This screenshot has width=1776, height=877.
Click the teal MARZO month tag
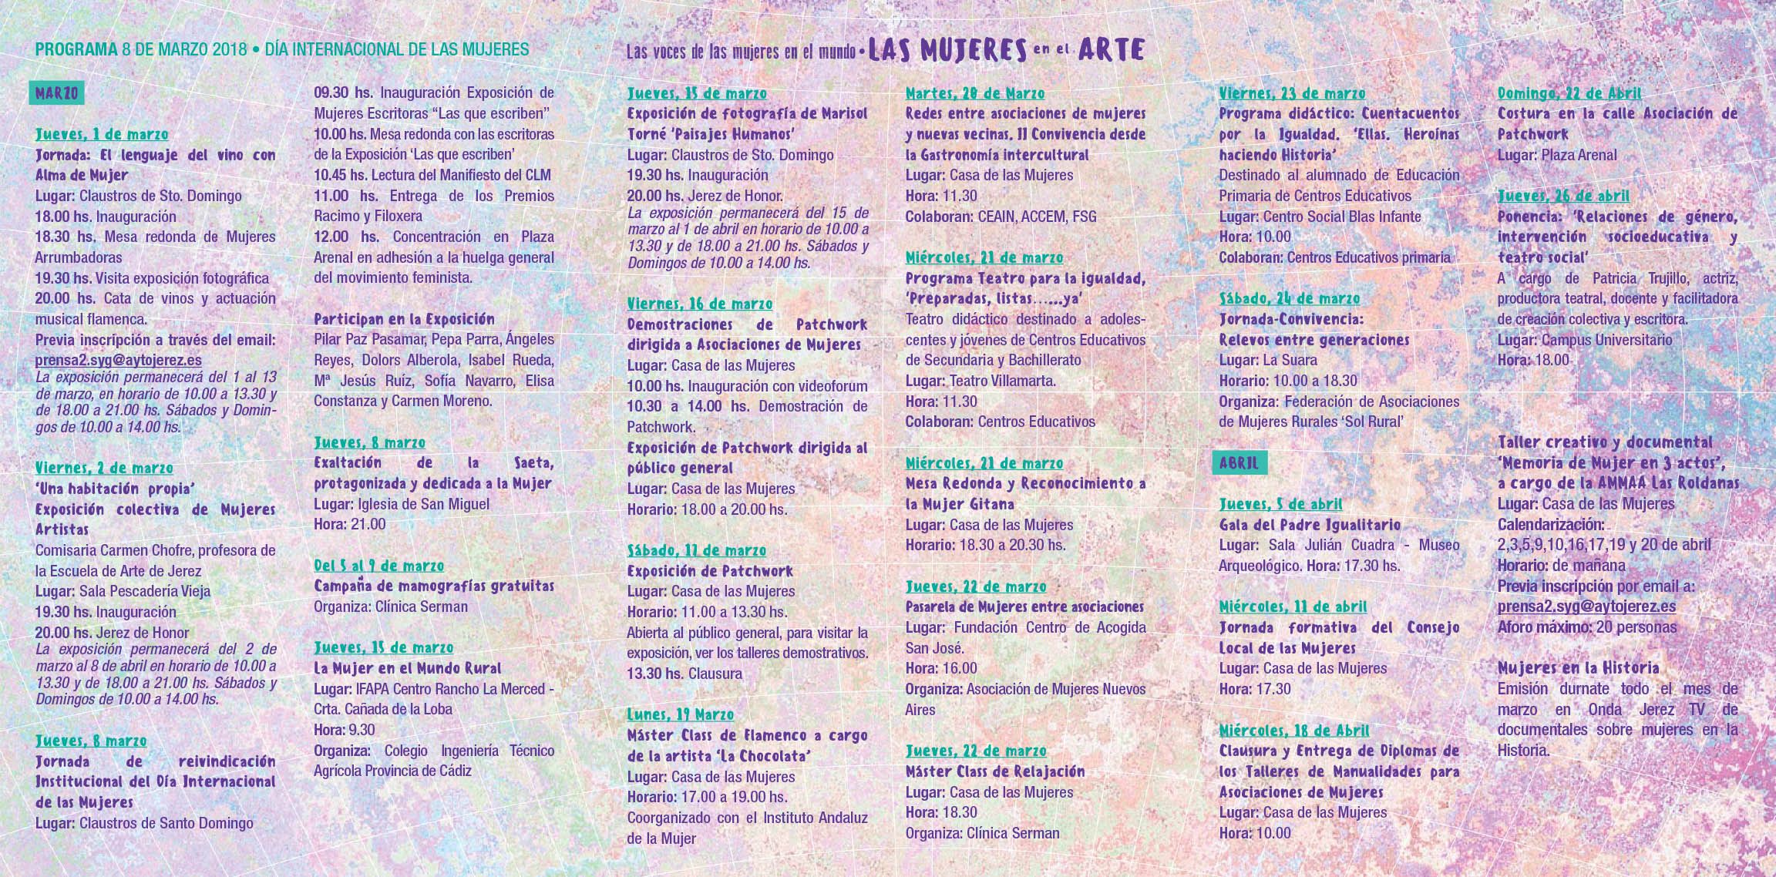[x=56, y=93]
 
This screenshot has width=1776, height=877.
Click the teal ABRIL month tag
[x=1239, y=462]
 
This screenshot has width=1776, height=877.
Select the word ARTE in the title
[x=1111, y=50]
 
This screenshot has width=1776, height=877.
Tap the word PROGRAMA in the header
[x=76, y=50]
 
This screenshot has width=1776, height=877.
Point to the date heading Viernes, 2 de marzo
[x=104, y=468]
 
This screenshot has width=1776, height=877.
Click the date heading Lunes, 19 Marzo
[x=680, y=714]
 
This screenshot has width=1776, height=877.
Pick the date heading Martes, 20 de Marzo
[x=975, y=93]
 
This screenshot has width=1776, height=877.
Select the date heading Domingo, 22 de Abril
[x=1569, y=93]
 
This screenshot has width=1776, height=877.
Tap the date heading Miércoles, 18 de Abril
[x=1294, y=730]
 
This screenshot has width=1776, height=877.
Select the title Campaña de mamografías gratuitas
[x=434, y=586]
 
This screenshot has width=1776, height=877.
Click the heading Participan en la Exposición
[x=404, y=319]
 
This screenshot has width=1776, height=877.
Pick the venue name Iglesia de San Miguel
[x=424, y=504]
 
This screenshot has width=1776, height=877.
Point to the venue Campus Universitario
[x=1607, y=340]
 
